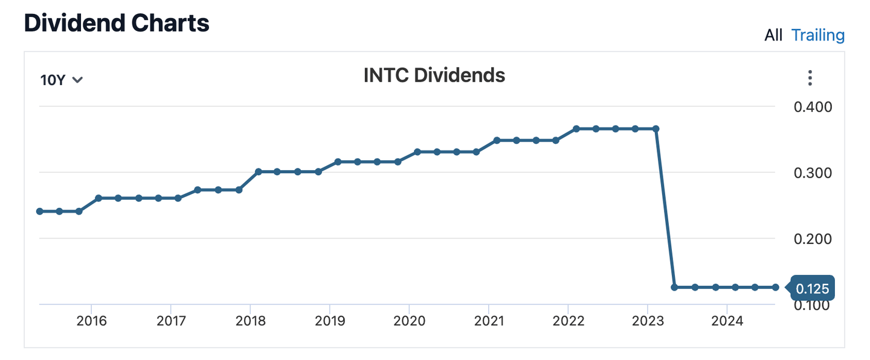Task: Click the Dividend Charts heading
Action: tap(117, 23)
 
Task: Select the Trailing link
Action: tap(818, 35)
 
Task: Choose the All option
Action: tap(773, 35)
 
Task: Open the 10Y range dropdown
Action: tap(61, 80)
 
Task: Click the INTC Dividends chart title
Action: tap(434, 76)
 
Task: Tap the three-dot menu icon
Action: tap(810, 78)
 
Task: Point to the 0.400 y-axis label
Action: tap(811, 107)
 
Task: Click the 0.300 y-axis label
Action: tap(811, 173)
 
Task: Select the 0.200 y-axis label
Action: tap(811, 239)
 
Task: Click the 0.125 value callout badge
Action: tap(811, 288)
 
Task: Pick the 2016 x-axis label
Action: tap(92, 320)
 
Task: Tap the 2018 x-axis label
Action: tap(251, 320)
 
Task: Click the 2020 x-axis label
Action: tap(410, 320)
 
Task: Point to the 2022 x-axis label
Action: tap(569, 320)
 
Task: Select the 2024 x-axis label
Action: tap(727, 320)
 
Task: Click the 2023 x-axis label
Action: tap(648, 320)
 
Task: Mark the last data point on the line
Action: tap(775, 288)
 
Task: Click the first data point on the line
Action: tap(40, 211)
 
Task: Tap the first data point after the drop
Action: tap(675, 288)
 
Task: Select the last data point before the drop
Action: tap(656, 129)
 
